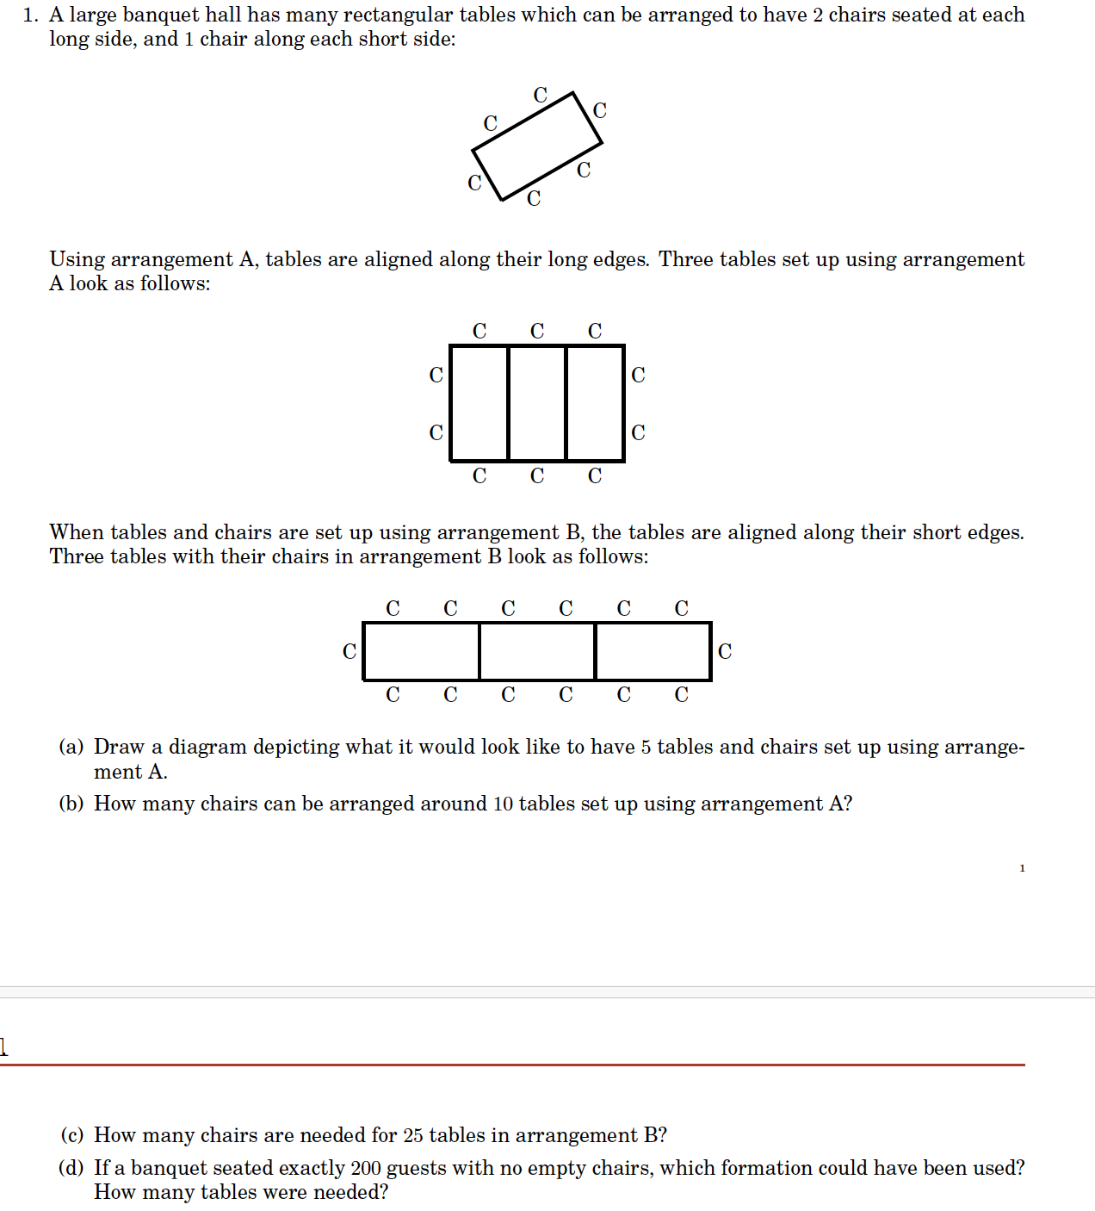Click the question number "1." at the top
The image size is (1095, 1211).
31,16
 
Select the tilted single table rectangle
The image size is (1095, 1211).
537,146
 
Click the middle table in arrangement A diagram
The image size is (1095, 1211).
537,403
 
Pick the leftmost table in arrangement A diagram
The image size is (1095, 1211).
479,403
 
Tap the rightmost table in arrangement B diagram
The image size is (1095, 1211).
653,651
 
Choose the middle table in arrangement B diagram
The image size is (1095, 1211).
537,651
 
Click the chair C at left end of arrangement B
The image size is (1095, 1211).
350,652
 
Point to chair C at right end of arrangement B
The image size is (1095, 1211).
725,652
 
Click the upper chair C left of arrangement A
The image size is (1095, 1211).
436,376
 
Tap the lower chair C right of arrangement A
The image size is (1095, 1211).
638,433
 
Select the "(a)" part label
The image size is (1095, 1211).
71,747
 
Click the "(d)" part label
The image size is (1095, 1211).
71,1168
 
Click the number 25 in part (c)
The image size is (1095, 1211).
413,1136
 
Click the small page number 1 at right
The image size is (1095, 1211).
1022,868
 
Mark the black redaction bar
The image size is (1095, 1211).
534,1037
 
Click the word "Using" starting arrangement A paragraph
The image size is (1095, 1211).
77,260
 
